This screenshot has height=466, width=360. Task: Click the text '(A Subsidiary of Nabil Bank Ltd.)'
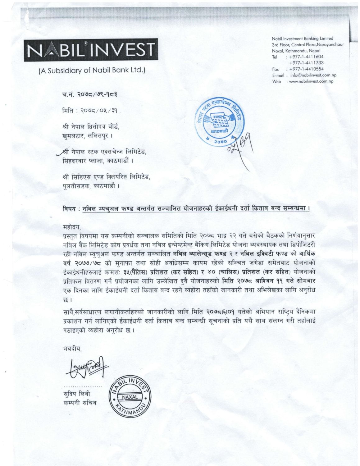92,70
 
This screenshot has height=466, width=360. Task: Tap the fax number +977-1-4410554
306,69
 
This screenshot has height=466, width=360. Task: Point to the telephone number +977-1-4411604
306,57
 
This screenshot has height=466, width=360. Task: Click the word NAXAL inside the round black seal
130,397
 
